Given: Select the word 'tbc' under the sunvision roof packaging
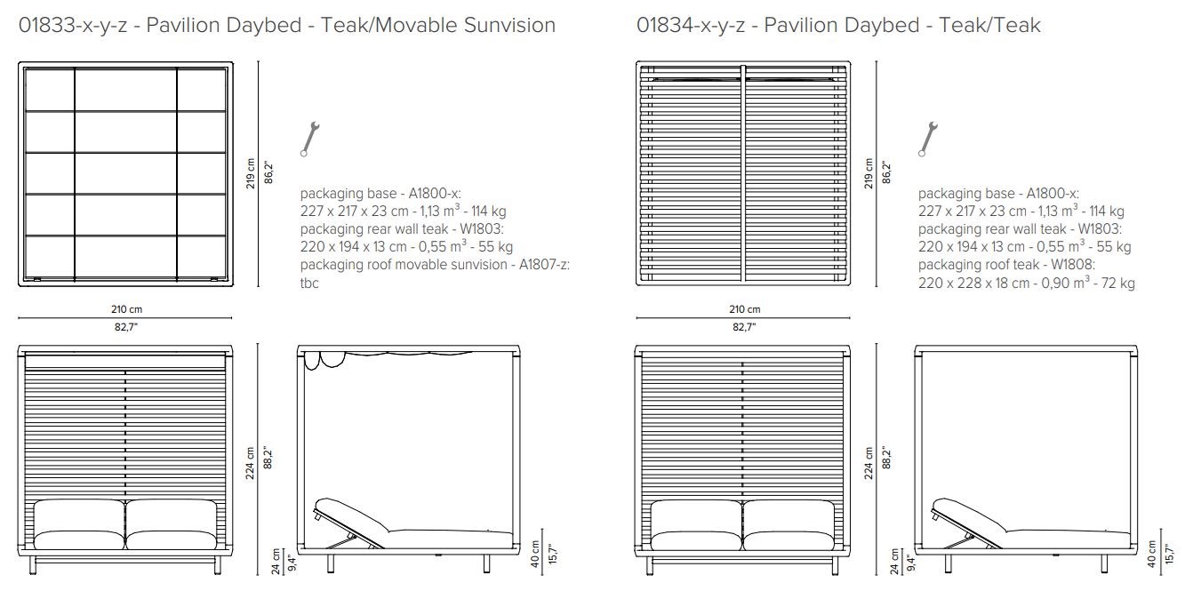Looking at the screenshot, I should (x=309, y=284).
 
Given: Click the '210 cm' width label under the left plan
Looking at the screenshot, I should (x=124, y=309).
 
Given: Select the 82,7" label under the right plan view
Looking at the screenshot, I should (x=744, y=327).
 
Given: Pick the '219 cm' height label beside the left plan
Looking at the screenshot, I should (x=250, y=173).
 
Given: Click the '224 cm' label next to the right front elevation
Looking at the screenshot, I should (x=869, y=461).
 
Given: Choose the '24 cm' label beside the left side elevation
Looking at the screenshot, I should (x=276, y=561).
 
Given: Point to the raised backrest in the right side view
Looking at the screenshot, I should (x=965, y=519).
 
